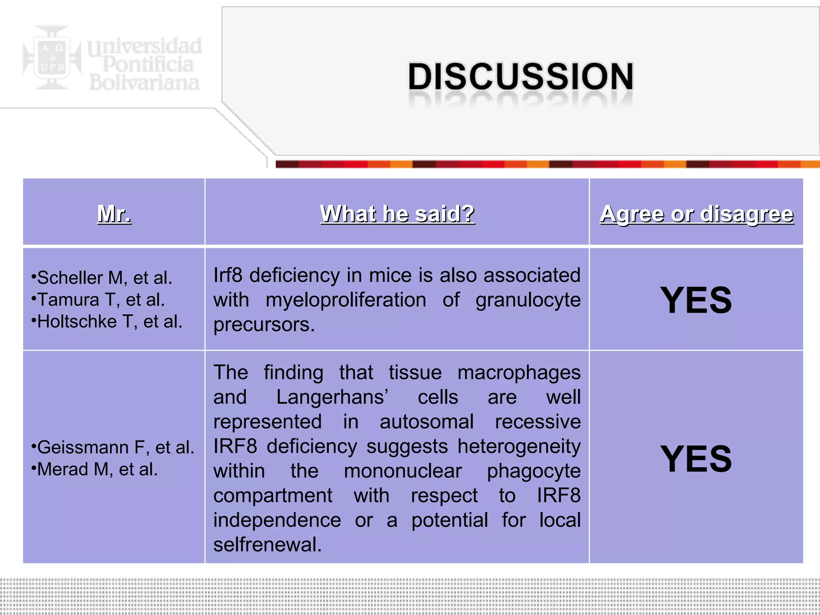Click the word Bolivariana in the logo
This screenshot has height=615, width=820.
tap(144, 82)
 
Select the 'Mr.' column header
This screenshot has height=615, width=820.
tap(114, 213)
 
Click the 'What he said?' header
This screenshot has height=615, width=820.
tap(397, 213)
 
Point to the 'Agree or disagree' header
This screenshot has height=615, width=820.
tap(696, 213)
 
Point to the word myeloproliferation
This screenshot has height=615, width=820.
tap(346, 300)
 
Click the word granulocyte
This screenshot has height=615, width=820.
tap(528, 300)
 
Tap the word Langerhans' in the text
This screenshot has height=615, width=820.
tap(332, 397)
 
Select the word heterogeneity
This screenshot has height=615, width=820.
tap(519, 446)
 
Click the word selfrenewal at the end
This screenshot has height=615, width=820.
tap(267, 545)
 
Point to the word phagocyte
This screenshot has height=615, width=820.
tap(533, 471)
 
